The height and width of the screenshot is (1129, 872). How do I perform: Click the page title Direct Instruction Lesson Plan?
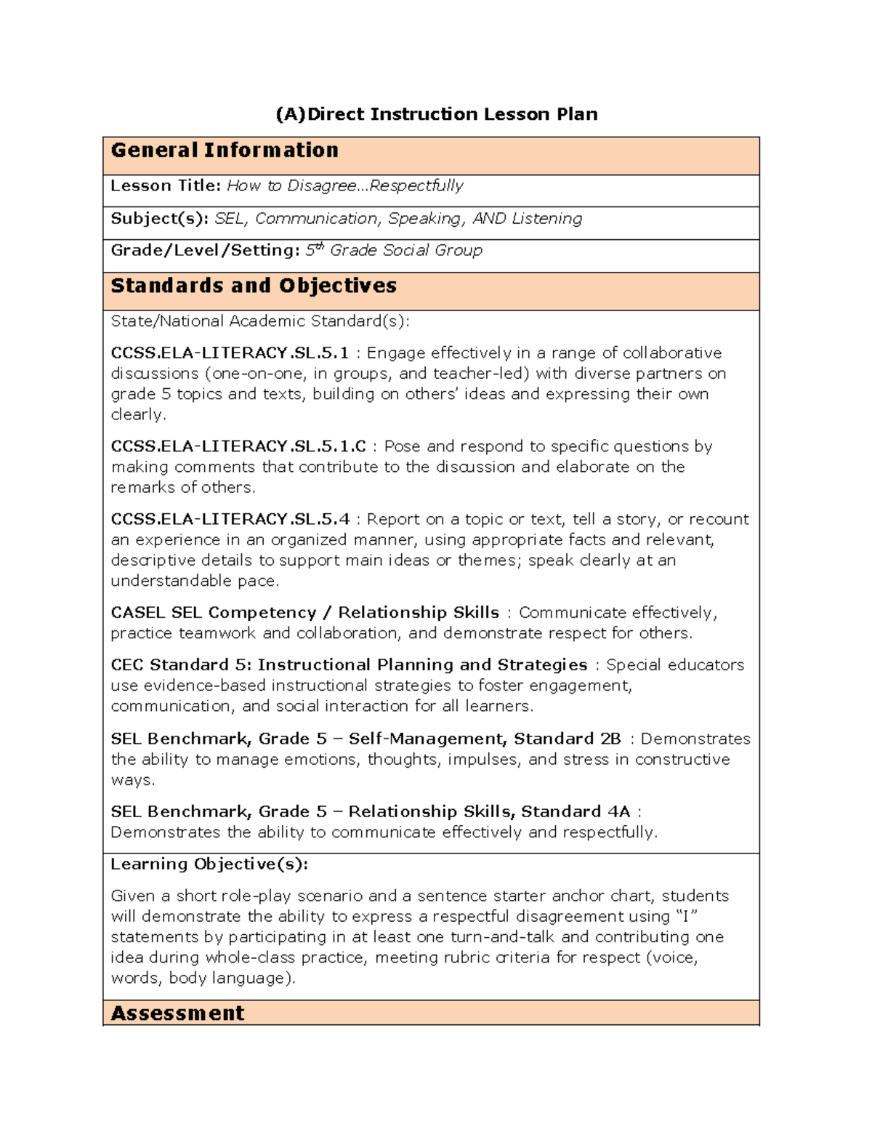436,114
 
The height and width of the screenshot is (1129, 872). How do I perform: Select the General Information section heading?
225,150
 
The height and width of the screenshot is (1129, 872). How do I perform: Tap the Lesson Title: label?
165,186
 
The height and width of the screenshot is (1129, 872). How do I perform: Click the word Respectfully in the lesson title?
416,186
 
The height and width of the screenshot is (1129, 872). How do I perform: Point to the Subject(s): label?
159,219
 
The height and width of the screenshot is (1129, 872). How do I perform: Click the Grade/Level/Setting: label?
205,251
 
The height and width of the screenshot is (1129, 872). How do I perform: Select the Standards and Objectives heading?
254,286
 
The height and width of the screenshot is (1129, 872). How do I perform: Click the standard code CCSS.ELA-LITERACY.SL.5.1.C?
238,446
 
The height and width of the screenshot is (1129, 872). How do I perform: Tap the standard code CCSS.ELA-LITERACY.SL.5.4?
230,519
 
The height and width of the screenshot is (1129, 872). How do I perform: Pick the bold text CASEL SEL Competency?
213,613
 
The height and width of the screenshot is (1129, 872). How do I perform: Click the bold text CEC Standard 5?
180,665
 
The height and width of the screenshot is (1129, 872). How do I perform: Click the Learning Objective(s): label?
209,864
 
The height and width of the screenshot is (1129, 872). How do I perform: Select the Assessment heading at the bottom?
177,1013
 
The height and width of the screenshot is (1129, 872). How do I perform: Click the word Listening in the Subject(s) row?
546,219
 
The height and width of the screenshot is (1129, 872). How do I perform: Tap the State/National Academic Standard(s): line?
259,321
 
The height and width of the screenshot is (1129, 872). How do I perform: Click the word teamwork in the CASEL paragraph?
217,633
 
